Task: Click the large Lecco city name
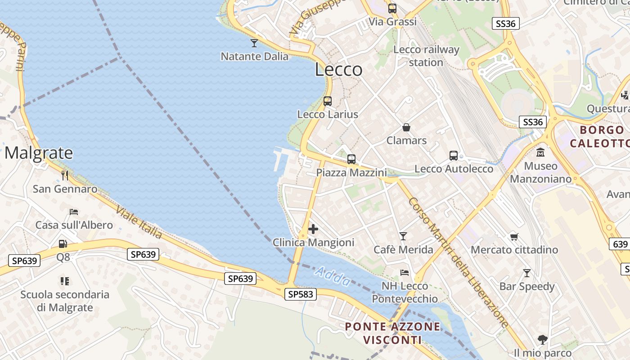click(338, 69)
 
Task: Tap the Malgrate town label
click(39, 153)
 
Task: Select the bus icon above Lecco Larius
click(328, 101)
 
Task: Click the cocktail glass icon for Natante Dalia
click(254, 43)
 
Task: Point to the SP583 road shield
click(301, 294)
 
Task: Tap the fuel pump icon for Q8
click(63, 244)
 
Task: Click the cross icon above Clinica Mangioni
click(313, 229)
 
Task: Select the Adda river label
click(333, 276)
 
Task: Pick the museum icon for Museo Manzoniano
click(540, 152)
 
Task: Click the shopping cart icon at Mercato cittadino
click(514, 236)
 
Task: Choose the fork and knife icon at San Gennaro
click(65, 175)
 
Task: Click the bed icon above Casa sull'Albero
click(74, 211)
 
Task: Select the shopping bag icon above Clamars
click(406, 127)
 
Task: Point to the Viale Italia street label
click(139, 222)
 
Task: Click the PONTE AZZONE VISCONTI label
click(392, 333)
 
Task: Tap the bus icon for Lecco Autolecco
click(454, 156)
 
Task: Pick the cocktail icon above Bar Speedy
click(526, 273)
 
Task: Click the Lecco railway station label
click(426, 56)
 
